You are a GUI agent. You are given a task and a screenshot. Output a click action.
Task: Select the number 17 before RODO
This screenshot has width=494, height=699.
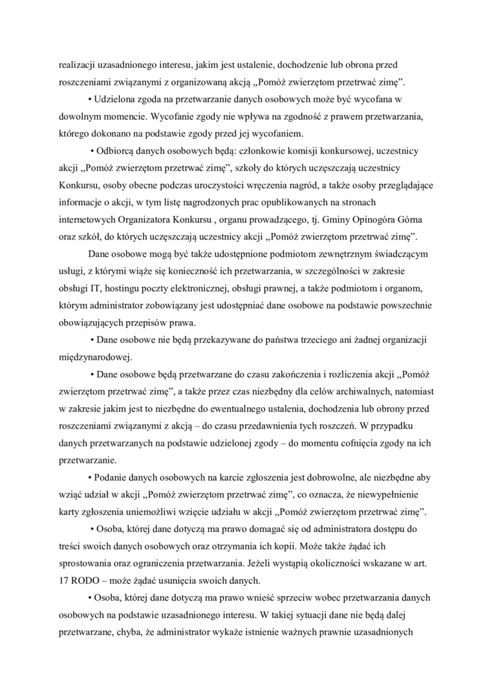click(64, 579)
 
